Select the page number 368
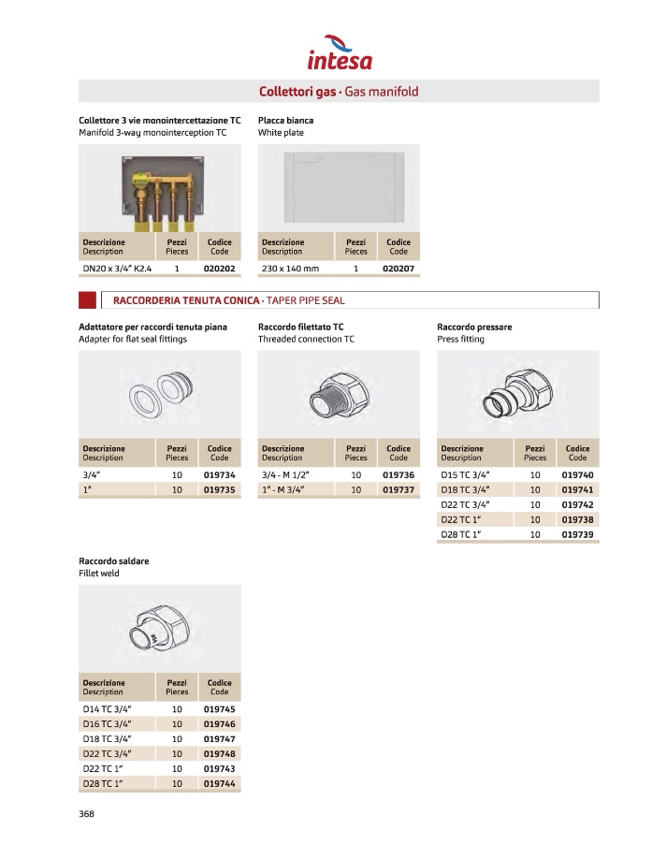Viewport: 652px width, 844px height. [x=87, y=812]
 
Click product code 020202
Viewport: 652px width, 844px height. [x=219, y=269]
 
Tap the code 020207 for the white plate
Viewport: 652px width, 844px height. [x=398, y=269]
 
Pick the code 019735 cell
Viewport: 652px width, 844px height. [x=219, y=488]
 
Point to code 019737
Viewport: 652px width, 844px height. [x=398, y=488]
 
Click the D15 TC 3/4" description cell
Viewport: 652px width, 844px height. [x=465, y=474]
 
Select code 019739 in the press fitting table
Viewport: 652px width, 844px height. [x=577, y=533]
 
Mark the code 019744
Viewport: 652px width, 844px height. [x=219, y=782]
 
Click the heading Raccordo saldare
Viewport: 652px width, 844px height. [x=114, y=560]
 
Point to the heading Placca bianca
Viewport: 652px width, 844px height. [x=285, y=121]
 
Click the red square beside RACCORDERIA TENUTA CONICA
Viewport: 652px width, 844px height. [x=87, y=300]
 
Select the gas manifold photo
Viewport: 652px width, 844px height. [x=159, y=188]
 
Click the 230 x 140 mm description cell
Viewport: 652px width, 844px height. [x=291, y=269]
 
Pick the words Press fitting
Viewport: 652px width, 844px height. [x=460, y=339]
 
